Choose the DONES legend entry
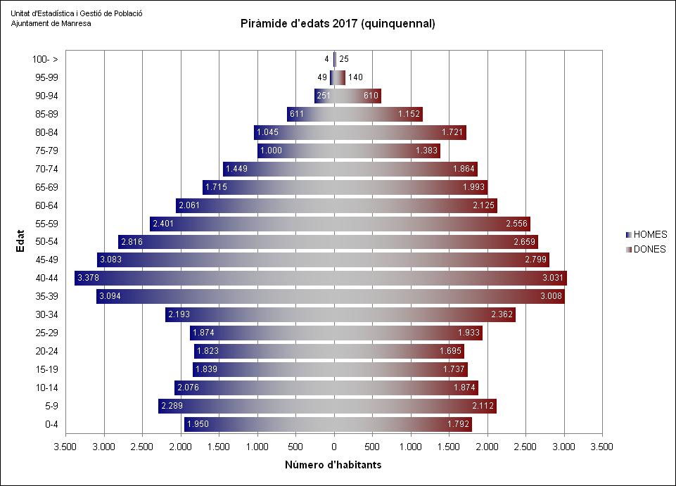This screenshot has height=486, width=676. point(649,249)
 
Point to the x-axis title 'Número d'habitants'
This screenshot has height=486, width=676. point(333,465)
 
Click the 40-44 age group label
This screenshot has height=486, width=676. point(46,279)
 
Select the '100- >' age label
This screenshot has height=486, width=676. point(45,60)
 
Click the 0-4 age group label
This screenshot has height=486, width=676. point(50,424)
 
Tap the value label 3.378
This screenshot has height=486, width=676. point(89,279)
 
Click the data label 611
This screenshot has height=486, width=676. point(297,114)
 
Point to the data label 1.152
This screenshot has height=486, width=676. point(409,114)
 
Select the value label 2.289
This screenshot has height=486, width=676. point(172,406)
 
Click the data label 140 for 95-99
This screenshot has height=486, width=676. point(355,77)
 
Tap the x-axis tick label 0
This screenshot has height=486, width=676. point(334,446)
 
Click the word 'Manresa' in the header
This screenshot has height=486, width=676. point(75,23)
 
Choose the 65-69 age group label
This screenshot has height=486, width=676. point(46,187)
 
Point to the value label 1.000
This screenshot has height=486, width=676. point(272,151)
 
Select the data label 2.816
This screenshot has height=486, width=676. point(132,242)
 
